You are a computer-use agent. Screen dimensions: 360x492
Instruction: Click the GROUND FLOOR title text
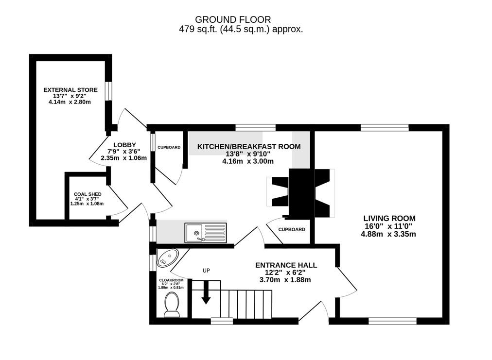233,19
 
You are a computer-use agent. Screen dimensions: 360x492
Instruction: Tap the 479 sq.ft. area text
241,29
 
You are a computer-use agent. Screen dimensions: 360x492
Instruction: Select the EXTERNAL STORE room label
70,90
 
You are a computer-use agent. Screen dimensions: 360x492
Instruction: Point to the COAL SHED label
88,194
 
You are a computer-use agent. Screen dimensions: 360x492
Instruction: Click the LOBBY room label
123,145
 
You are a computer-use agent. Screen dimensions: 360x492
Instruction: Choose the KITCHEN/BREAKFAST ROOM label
248,146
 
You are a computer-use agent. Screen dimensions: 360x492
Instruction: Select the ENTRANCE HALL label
286,265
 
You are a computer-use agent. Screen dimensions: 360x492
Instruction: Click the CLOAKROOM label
171,280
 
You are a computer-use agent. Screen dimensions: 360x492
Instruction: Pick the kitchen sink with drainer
205,232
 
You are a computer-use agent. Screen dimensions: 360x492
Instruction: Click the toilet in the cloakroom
172,305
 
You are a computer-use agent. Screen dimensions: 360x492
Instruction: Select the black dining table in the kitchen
301,193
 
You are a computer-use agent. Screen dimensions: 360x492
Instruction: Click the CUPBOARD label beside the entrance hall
292,229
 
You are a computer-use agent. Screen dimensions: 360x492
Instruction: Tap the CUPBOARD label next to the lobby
169,147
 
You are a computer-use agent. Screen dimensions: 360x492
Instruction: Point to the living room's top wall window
385,128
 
